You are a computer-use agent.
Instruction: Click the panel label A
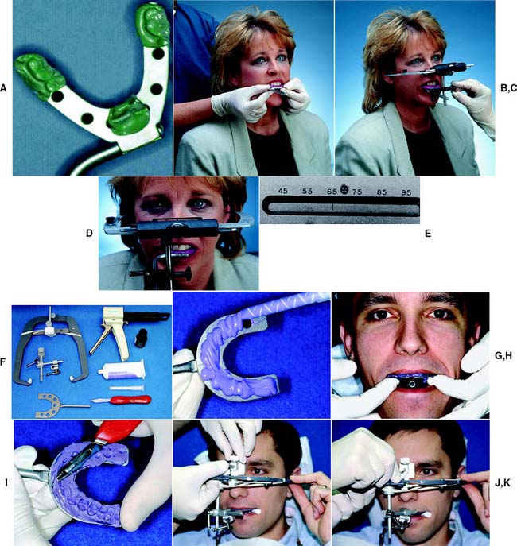click(3, 88)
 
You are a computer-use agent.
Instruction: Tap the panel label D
click(90, 234)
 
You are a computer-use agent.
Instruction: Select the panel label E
click(428, 234)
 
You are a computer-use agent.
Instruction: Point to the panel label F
click(3, 362)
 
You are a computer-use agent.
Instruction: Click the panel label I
click(6, 482)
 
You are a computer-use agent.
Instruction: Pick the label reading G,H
click(503, 355)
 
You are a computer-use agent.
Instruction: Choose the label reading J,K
click(503, 482)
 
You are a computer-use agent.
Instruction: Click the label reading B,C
click(508, 88)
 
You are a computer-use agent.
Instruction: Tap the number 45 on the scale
click(283, 191)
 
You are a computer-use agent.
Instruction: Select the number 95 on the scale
click(406, 192)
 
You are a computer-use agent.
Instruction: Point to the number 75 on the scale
click(357, 192)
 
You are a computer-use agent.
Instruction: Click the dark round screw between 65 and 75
click(344, 190)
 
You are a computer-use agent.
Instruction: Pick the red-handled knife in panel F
click(121, 400)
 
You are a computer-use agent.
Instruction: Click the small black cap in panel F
click(142, 338)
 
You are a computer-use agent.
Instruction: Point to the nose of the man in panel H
click(410, 340)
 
